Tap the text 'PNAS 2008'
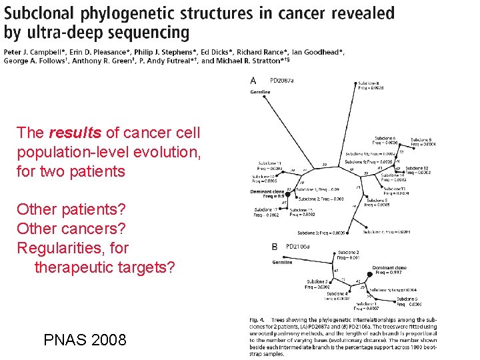[85, 340]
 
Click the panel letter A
[253, 81]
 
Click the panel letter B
[275, 247]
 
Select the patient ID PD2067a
[281, 81]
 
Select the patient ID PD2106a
[298, 247]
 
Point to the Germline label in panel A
[261, 92]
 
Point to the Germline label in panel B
[282, 262]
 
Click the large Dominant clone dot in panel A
[288, 195]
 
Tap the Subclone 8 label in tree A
[368, 83]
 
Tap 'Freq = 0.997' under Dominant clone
[389, 273]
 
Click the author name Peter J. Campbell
[33, 52]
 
